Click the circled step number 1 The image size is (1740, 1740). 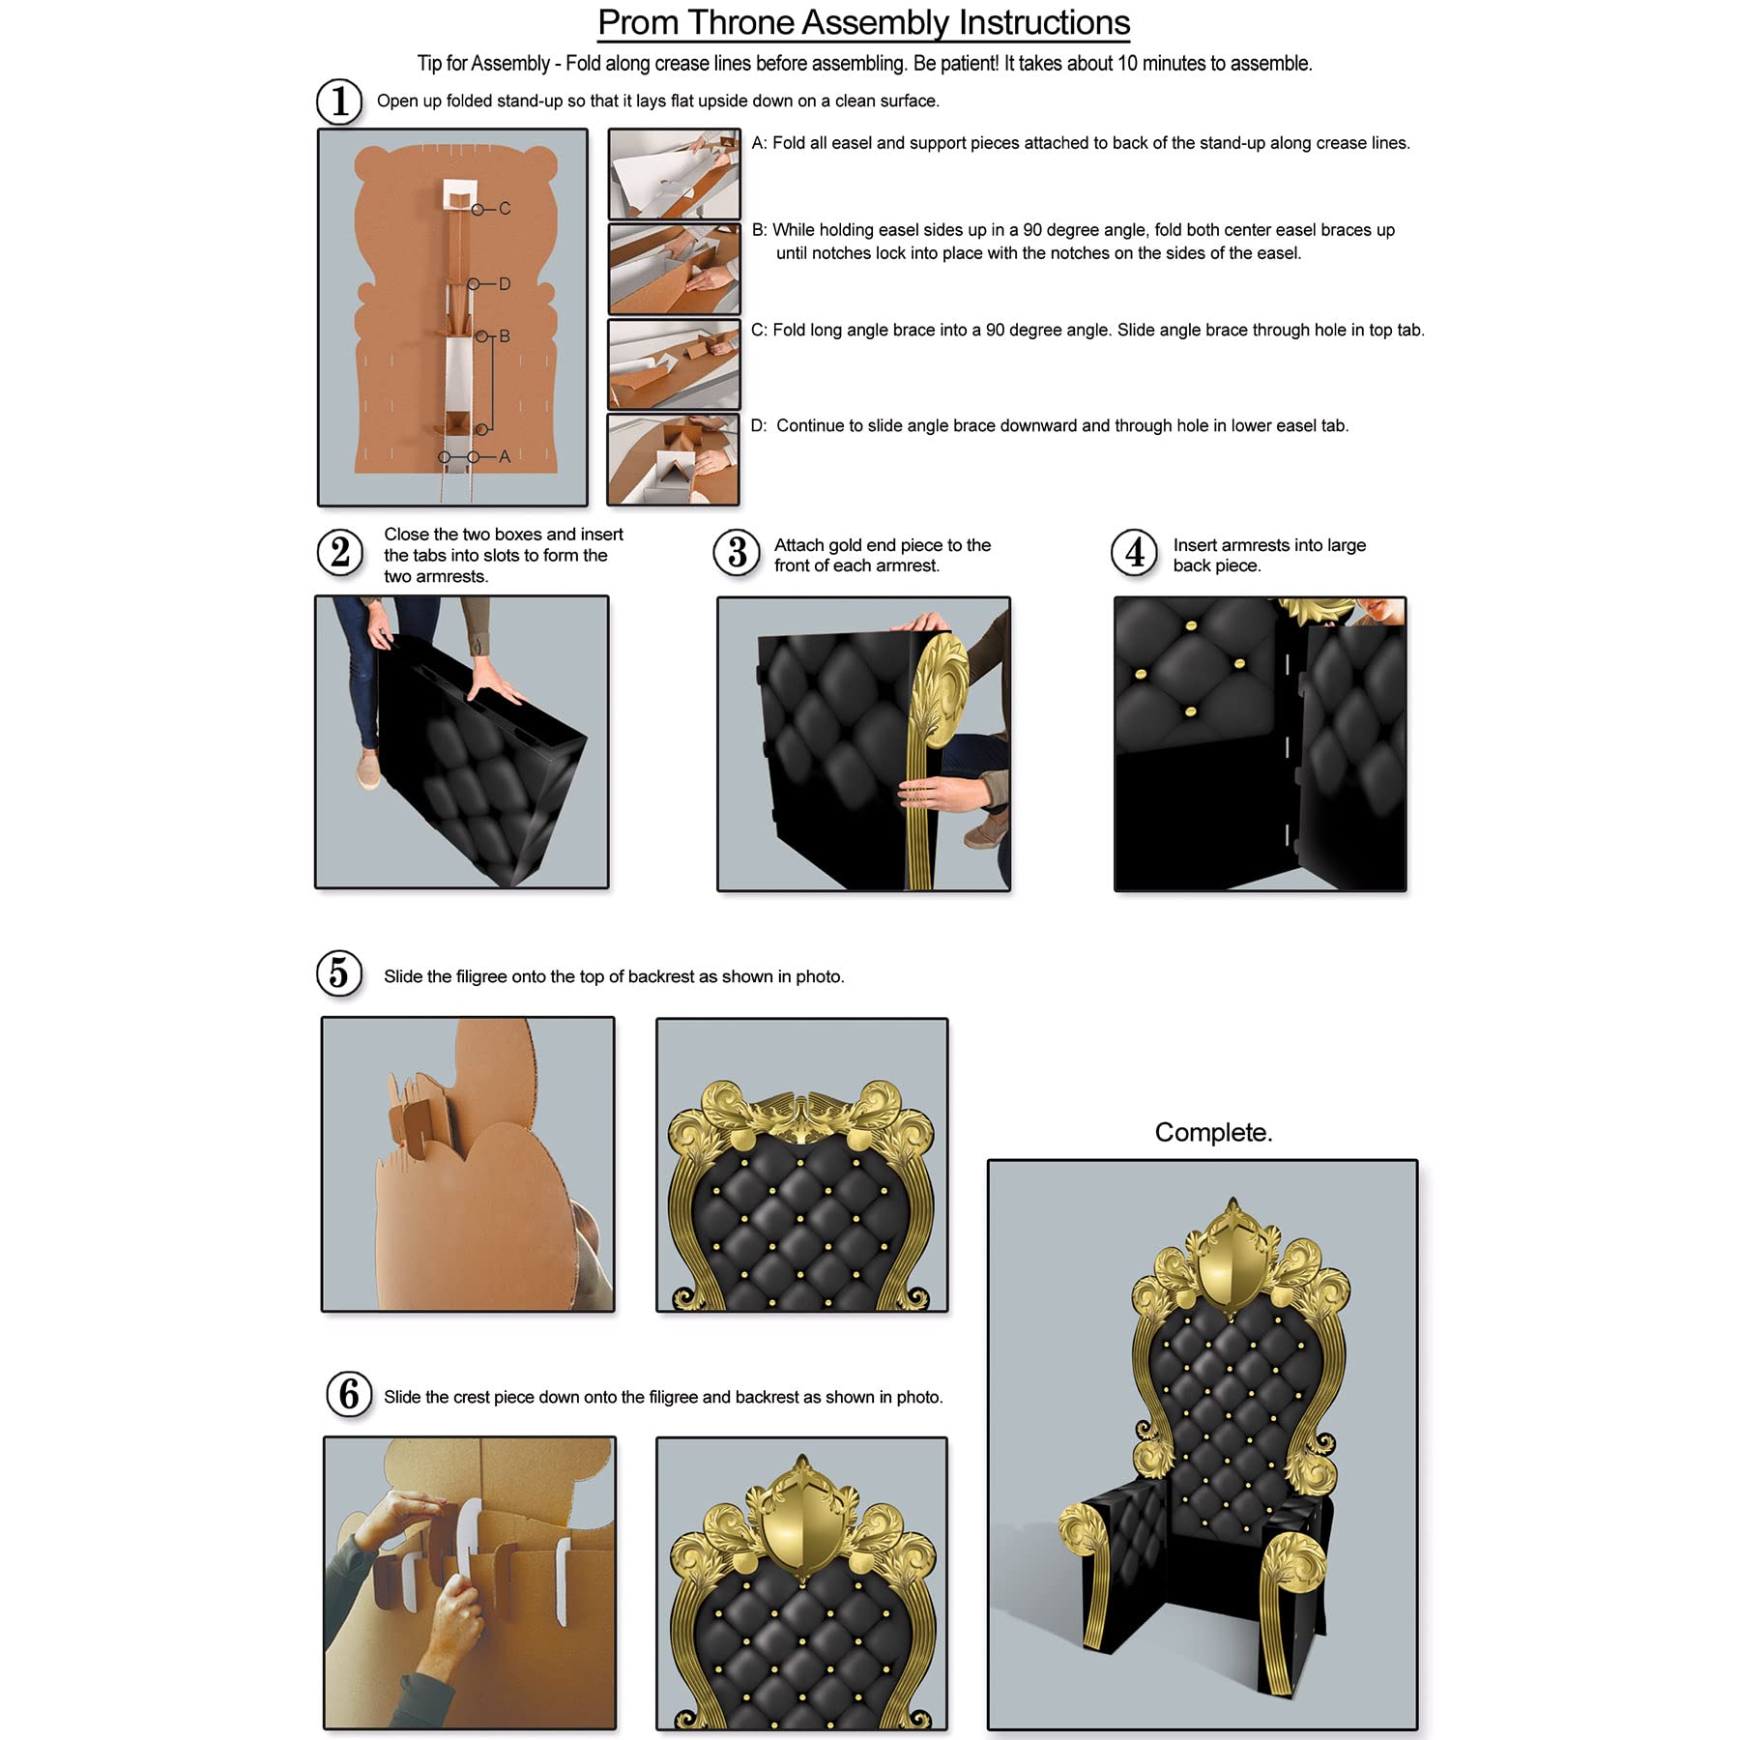coord(339,101)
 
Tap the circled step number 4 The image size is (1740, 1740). coord(1134,553)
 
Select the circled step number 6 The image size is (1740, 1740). coord(349,1395)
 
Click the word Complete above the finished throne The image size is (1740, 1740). coord(1212,1132)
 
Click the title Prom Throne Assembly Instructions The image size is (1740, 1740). coord(863,23)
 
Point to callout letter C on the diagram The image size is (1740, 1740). coord(505,209)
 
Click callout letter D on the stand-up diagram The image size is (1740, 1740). coord(505,284)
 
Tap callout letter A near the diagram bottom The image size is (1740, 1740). coord(505,456)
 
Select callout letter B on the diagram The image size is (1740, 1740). coord(505,336)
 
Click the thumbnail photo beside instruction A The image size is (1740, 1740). coord(674,174)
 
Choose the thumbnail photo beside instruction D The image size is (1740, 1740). coord(673,460)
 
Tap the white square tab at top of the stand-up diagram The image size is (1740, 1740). coord(460,195)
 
